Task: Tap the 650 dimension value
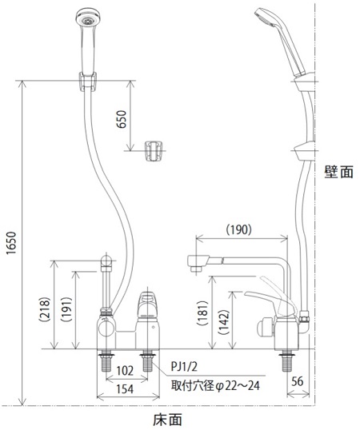(122, 119)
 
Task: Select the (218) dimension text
(45, 309)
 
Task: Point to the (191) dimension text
(66, 309)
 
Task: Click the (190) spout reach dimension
(238, 229)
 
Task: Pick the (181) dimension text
(202, 313)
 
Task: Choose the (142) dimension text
(223, 321)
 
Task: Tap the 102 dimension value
(125, 371)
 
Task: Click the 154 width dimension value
(125, 389)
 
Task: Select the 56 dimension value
(297, 381)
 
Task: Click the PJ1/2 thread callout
(184, 366)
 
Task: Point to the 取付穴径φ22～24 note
(215, 386)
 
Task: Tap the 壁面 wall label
(339, 172)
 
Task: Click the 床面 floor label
(167, 420)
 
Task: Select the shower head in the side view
(279, 41)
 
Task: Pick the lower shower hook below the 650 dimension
(154, 151)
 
